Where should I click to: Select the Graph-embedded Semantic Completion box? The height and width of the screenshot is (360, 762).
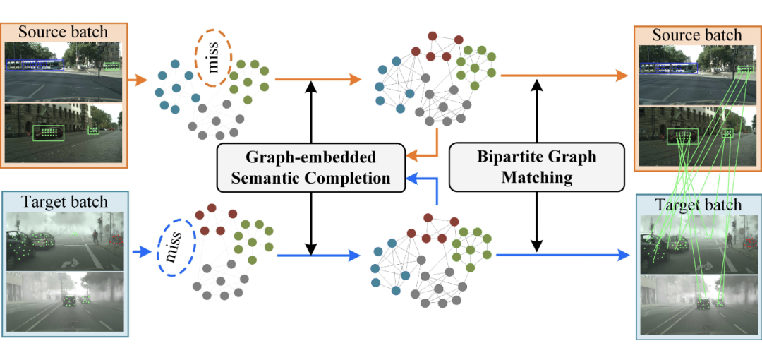[x=311, y=167]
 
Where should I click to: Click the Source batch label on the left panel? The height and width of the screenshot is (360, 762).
[x=63, y=32]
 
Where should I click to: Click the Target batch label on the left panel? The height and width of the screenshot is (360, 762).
[x=63, y=202]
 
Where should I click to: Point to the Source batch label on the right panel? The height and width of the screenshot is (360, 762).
[x=696, y=35]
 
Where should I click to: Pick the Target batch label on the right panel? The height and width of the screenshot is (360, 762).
[x=696, y=205]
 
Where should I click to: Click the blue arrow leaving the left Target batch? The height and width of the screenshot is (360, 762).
[x=140, y=249]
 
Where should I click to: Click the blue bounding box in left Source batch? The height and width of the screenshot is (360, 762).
[x=35, y=64]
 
